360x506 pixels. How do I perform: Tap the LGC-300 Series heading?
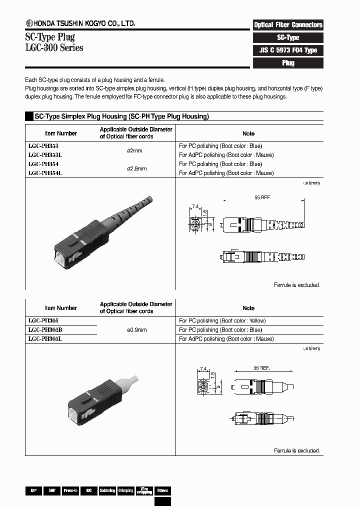(54, 48)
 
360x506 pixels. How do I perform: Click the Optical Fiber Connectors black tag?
(288, 24)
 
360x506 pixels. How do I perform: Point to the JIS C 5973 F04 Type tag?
(288, 50)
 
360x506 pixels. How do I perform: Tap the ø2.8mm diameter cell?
(136, 169)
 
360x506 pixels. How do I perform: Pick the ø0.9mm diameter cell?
(136, 330)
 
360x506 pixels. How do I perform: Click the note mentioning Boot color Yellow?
(222, 321)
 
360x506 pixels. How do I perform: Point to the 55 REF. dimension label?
(262, 198)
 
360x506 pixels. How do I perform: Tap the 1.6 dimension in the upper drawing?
(204, 212)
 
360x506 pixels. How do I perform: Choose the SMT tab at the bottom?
(51, 491)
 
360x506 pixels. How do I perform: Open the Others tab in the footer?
(162, 491)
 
